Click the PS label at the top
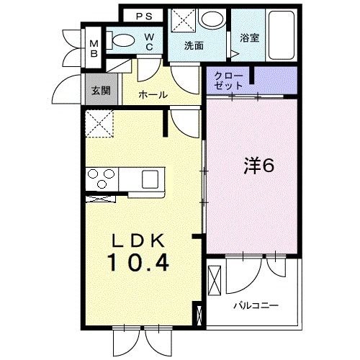143,15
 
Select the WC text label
148,42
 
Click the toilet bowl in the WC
124,41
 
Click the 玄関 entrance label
100,91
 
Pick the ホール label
153,95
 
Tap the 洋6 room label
257,166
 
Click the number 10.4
140,264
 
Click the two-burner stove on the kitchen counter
101,177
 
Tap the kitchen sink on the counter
153,178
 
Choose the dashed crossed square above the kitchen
97,125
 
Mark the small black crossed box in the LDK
199,315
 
